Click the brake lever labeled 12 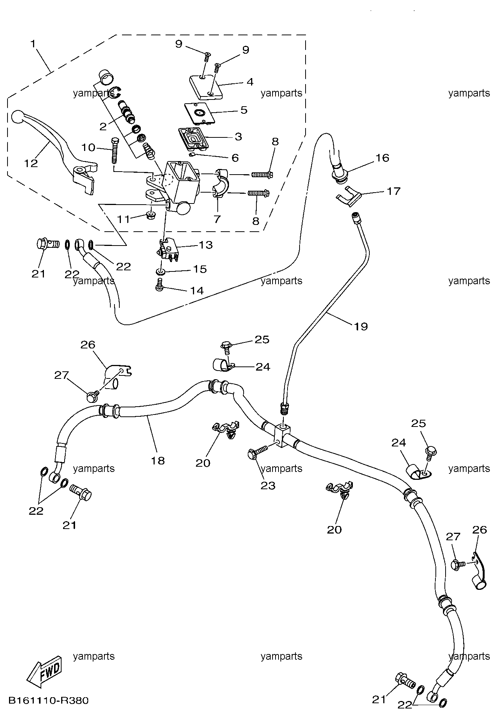(x=56, y=143)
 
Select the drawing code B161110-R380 (x=48, y=701)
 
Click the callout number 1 (x=33, y=44)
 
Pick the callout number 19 (x=361, y=326)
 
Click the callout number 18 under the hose (x=158, y=460)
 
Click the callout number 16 (x=382, y=158)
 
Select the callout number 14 (x=197, y=290)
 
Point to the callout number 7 (x=217, y=219)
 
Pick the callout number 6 (x=235, y=158)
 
